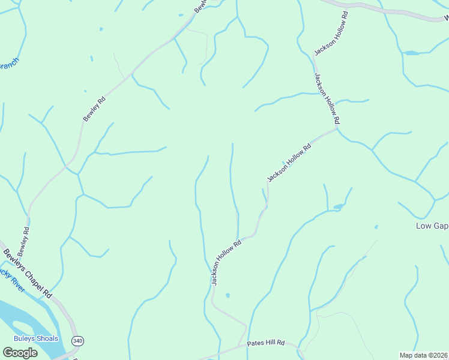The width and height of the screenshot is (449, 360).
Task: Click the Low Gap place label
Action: (x=432, y=226)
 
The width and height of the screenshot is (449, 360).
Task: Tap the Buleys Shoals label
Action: (x=36, y=338)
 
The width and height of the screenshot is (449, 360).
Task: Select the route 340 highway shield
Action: (x=77, y=341)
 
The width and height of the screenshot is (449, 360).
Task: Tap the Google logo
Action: (x=20, y=352)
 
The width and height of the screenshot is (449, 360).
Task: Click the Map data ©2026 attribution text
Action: (x=424, y=355)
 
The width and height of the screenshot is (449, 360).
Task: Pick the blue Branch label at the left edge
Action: (x=8, y=64)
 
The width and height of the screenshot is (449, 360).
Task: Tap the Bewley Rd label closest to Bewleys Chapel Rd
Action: (x=23, y=238)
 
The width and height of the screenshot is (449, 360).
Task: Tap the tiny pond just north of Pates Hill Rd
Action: (x=227, y=295)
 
